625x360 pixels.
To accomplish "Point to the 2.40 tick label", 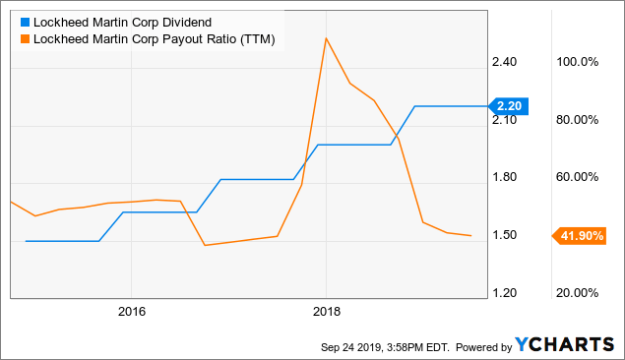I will pos(504,62).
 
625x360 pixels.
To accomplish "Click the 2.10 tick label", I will pos(504,120).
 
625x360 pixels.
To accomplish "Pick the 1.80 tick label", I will pos(504,177).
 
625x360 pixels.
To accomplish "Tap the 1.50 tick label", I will pos(504,235).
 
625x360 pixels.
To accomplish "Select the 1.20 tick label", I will pos(504,293).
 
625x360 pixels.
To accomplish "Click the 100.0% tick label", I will pos(578,62).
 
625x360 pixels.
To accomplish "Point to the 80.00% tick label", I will pos(578,120).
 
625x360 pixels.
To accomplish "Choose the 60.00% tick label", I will pos(578,177).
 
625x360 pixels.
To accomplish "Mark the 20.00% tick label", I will pos(578,293).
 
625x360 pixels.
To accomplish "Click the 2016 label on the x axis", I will pos(131,312).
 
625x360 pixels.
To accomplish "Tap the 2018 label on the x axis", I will pos(326,312).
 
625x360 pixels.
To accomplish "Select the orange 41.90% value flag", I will pos(578,235).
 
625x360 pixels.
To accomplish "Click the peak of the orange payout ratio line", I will pos(326,38).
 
